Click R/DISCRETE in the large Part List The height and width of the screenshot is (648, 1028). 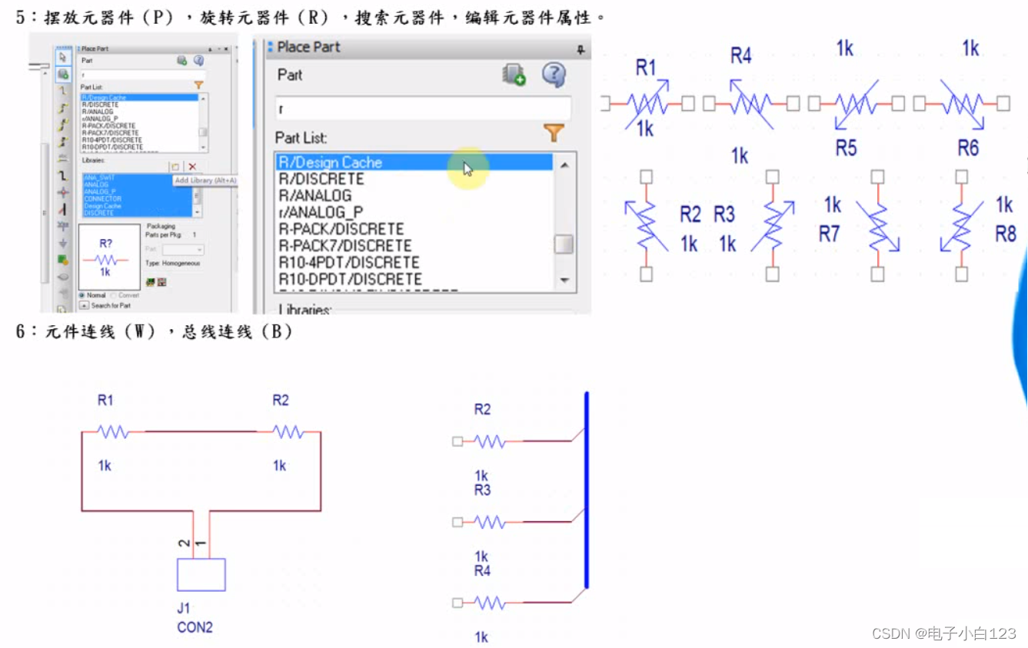coord(321,179)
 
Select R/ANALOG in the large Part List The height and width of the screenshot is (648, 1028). coord(314,196)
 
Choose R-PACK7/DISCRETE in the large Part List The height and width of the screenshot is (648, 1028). coord(344,246)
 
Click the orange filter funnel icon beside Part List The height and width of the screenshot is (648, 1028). coord(554,133)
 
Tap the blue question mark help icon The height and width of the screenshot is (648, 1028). coord(554,75)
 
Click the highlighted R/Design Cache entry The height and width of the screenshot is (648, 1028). coord(330,162)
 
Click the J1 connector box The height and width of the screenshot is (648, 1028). coord(201,574)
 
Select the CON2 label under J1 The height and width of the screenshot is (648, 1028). coord(195,627)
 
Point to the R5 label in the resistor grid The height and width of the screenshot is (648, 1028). coord(846,148)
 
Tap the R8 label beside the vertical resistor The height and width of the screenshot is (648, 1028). coord(1006,234)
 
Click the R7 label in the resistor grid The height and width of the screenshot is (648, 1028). coord(829,234)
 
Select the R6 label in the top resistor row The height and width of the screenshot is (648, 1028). coord(968,148)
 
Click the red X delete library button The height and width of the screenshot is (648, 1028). coord(192,167)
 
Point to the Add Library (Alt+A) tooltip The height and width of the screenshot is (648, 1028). coord(205,181)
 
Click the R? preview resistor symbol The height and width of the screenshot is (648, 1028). coord(105,259)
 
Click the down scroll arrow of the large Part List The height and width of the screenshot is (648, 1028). coord(564,281)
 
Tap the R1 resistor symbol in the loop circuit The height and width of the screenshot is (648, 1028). coord(113,433)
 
